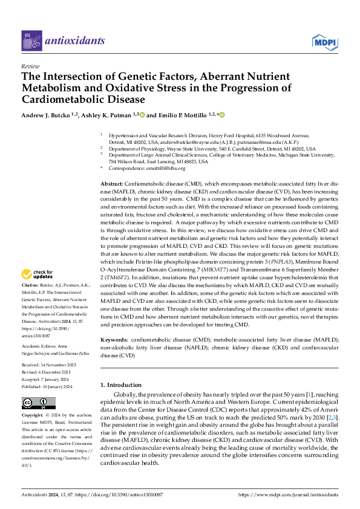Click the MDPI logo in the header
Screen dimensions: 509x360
click(324, 41)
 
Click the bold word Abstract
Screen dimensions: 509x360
click(112, 183)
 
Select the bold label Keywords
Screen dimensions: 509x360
click(114, 341)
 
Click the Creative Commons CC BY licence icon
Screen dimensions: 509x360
click(38, 403)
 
